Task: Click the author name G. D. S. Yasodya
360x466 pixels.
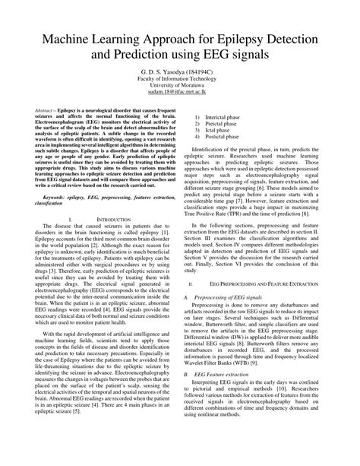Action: (160, 68)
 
